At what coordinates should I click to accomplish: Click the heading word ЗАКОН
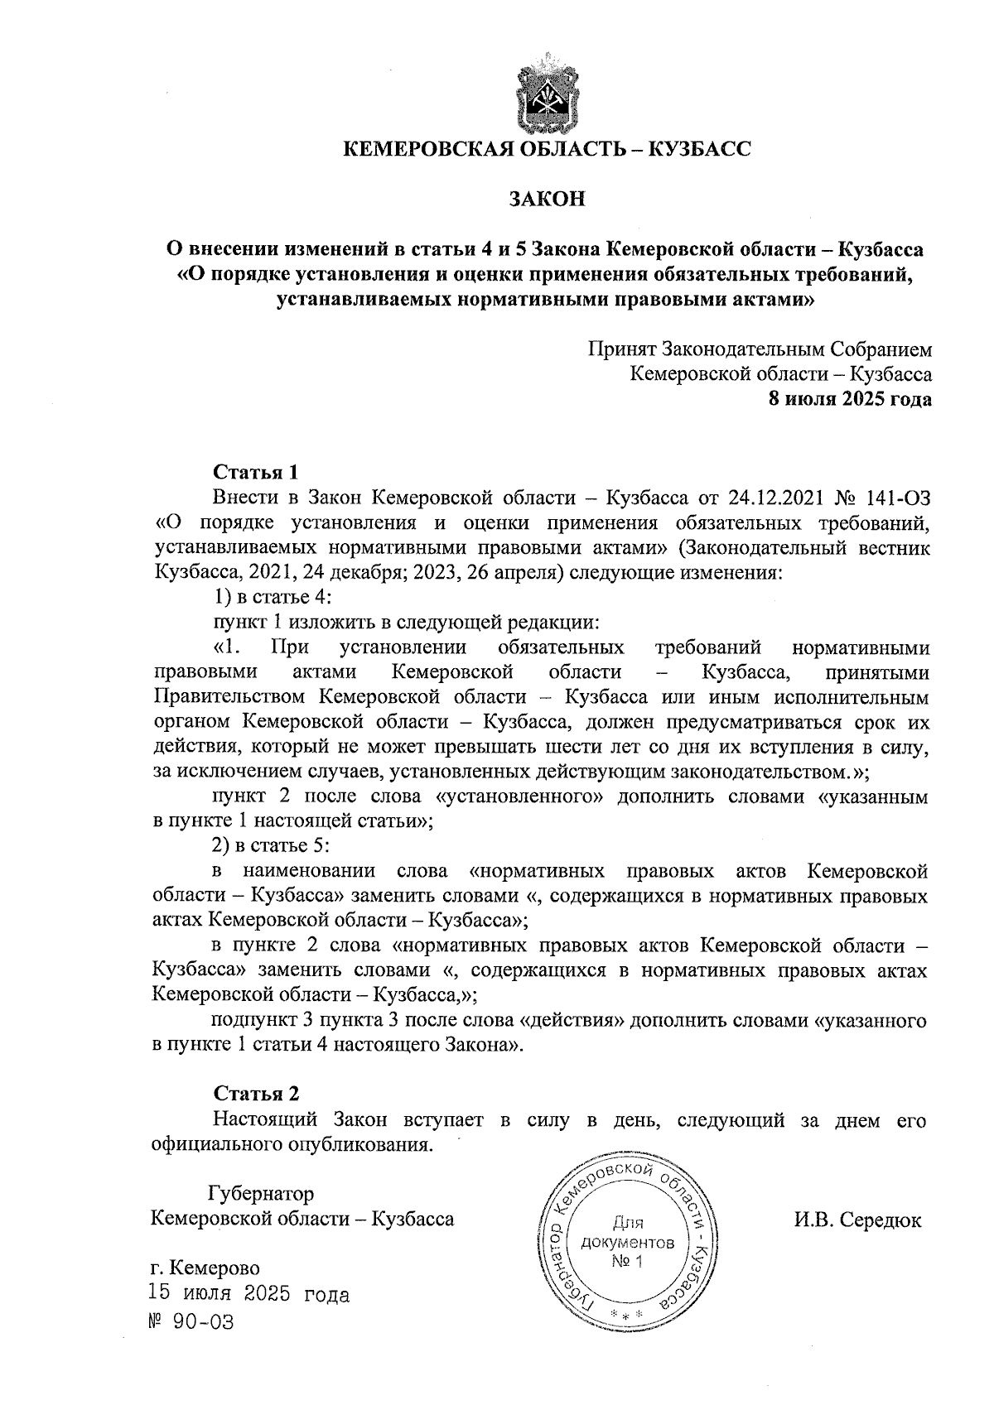(x=547, y=199)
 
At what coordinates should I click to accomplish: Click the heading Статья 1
(x=255, y=473)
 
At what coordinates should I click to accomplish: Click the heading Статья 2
(x=256, y=1094)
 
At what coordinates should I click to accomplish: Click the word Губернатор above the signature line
(x=260, y=1194)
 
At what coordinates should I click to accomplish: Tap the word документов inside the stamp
(x=628, y=1243)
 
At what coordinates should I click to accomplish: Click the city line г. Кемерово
(x=205, y=1269)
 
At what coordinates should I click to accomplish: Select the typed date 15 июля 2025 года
(x=248, y=1294)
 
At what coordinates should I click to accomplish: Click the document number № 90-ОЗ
(x=191, y=1322)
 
